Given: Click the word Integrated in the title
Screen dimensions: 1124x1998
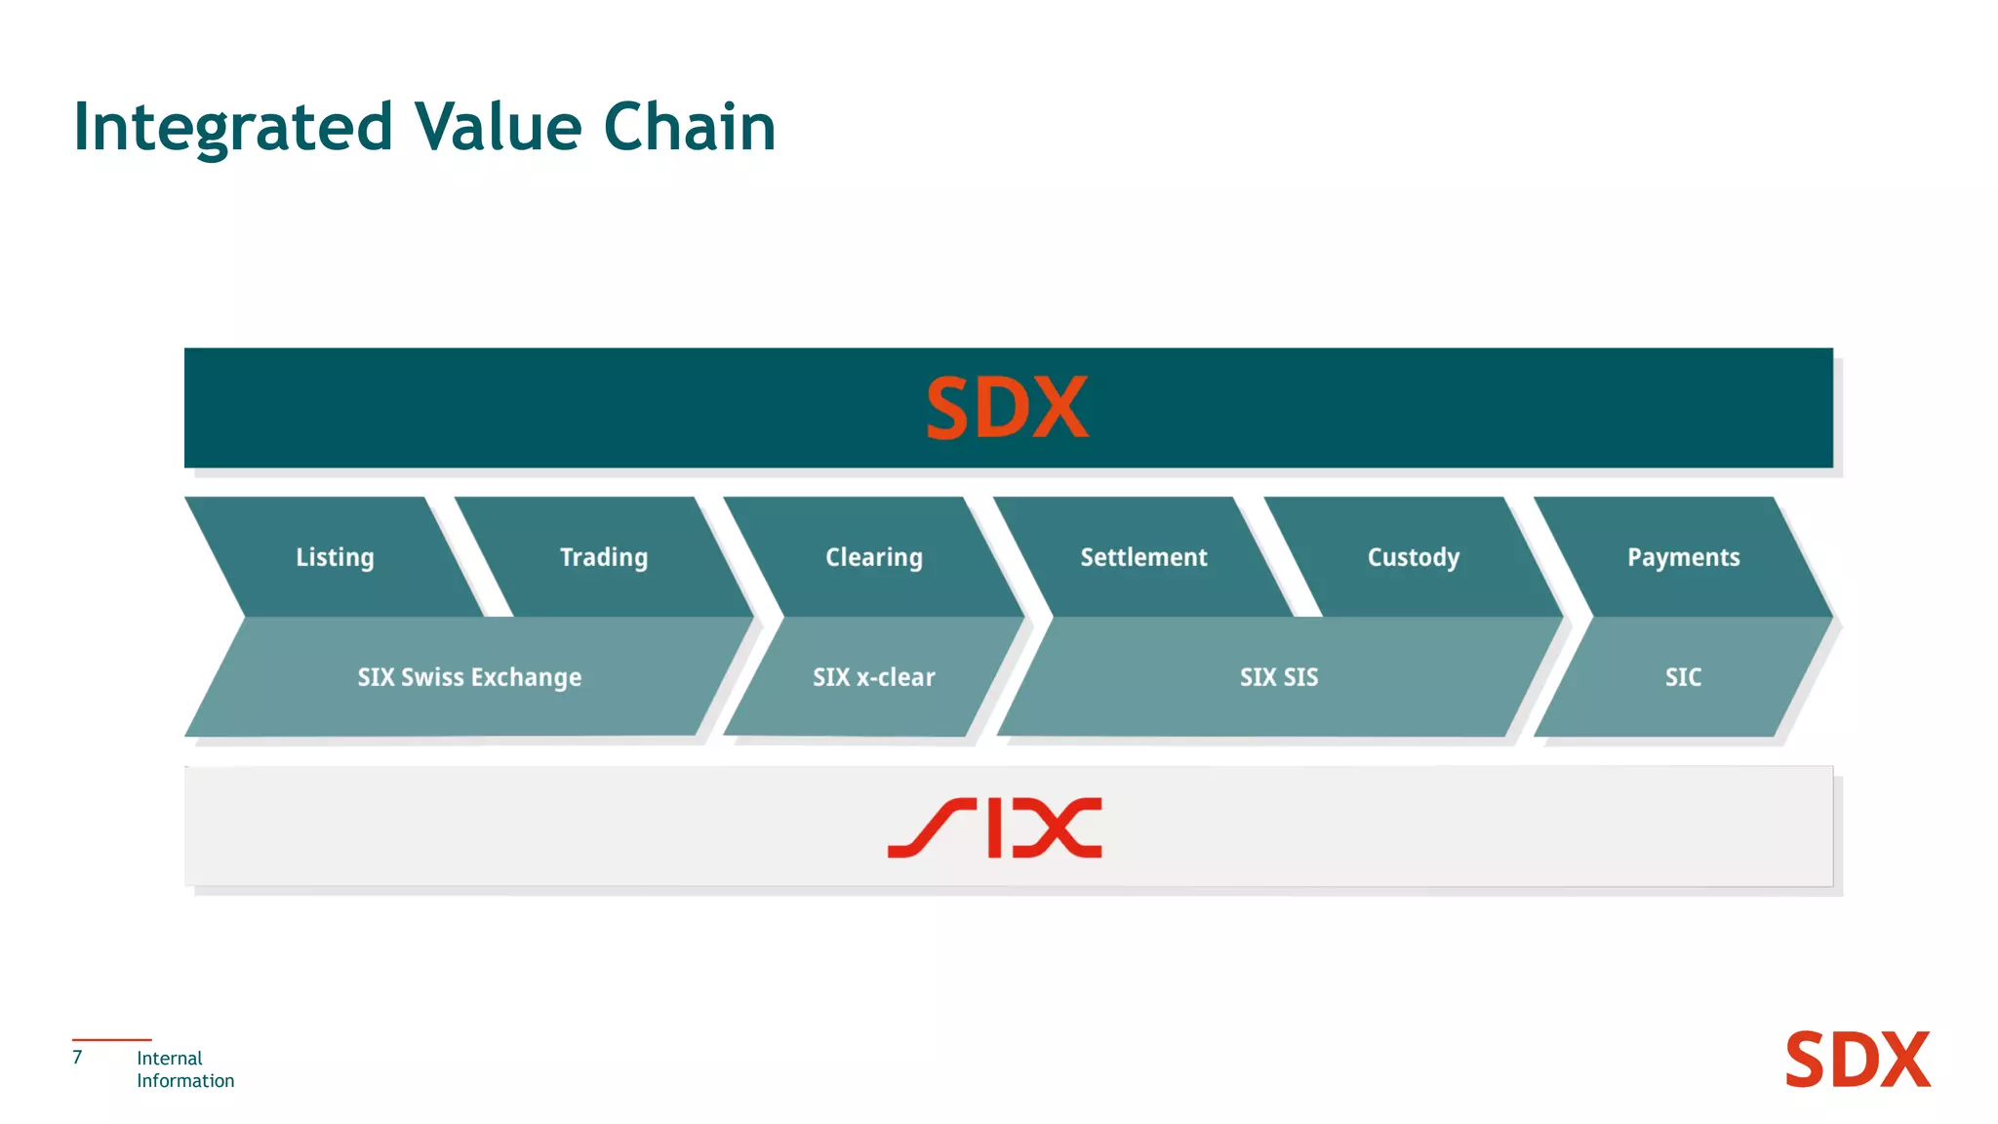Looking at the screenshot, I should [233, 128].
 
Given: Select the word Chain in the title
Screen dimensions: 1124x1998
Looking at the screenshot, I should [689, 127].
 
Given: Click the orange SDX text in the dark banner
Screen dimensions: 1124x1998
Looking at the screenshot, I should [1007, 408].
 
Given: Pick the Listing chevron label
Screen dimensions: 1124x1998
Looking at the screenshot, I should [335, 557].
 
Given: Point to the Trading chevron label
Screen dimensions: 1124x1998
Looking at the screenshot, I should [604, 557].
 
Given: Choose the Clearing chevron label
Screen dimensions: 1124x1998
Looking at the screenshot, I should [874, 557].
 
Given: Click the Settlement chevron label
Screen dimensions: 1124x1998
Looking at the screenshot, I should [1143, 557].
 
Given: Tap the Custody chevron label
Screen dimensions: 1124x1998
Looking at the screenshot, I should [1414, 557].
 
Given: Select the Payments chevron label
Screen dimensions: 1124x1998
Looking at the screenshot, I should [1683, 557].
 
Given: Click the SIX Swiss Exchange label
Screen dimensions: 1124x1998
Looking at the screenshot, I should [469, 677].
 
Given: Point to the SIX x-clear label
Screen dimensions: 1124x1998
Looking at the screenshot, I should [874, 677].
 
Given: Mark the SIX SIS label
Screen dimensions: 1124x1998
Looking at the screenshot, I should [1279, 677].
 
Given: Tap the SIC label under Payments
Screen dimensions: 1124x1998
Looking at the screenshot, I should [1683, 677].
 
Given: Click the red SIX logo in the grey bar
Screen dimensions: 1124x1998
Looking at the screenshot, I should [995, 828].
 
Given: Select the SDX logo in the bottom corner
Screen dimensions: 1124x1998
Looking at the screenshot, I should [1858, 1060].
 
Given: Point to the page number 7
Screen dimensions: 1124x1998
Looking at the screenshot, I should [78, 1058].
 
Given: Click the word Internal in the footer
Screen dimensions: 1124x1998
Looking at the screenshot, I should [170, 1059].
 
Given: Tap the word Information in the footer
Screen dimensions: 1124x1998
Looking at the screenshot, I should [185, 1081].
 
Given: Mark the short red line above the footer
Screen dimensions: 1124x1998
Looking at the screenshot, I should [111, 1040].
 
